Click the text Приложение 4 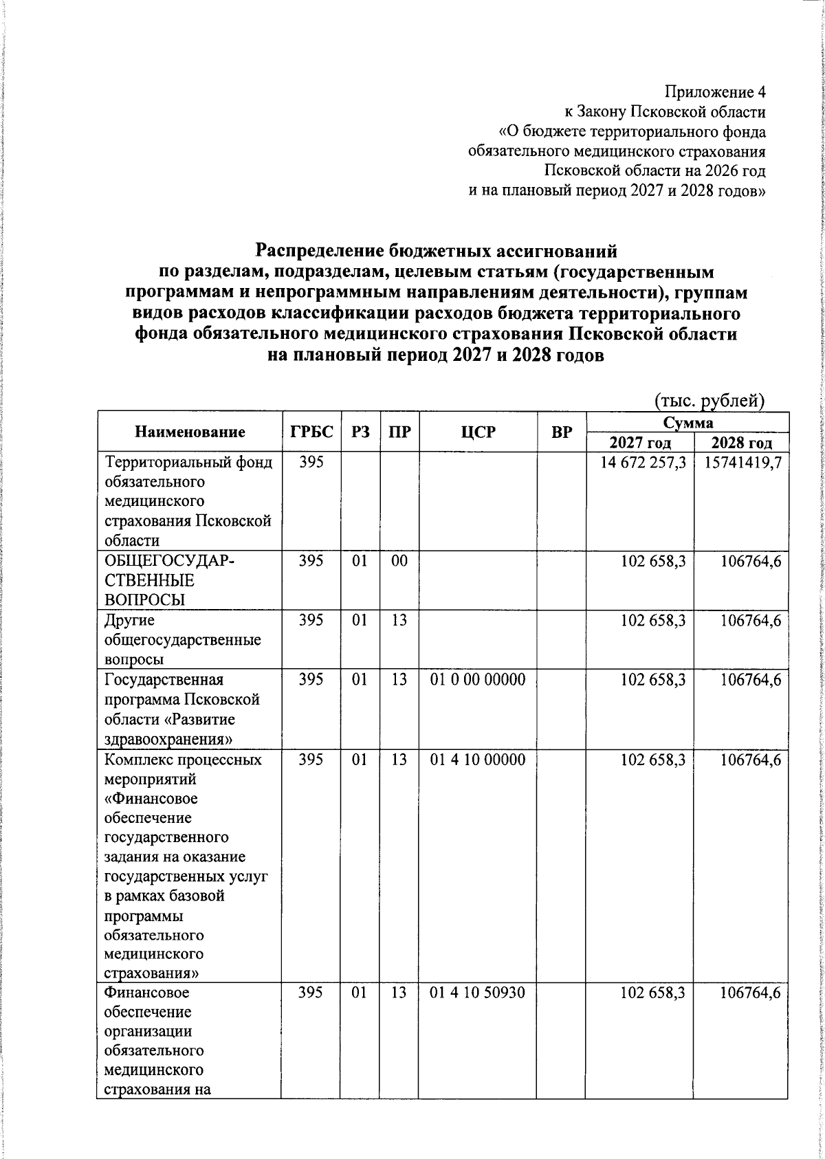pos(714,92)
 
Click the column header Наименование pos(190,432)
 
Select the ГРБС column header pos(311,432)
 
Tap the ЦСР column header pos(478,432)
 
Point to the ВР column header pos(562,432)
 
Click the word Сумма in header pos(687,422)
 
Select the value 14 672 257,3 pos(643,463)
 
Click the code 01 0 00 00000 pos(478,680)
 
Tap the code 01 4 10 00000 pos(478,760)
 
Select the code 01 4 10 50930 pos(478,993)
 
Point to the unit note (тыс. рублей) pos(709,401)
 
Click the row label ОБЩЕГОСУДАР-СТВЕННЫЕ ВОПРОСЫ pos(169,580)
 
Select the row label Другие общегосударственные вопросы pos(182,640)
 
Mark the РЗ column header pos(360,432)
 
